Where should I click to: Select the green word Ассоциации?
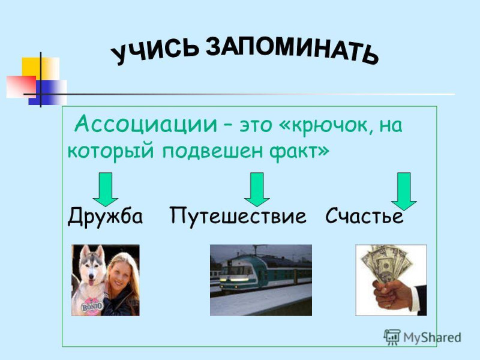(146, 124)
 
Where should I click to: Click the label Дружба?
(105, 216)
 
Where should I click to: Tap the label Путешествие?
(238, 216)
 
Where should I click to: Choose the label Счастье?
(364, 216)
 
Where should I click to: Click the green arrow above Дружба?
(106, 190)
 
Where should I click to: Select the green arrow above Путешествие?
(257, 190)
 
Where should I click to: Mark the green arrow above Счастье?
(404, 191)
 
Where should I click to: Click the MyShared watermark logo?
(422, 337)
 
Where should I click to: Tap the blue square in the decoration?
(48, 92)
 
